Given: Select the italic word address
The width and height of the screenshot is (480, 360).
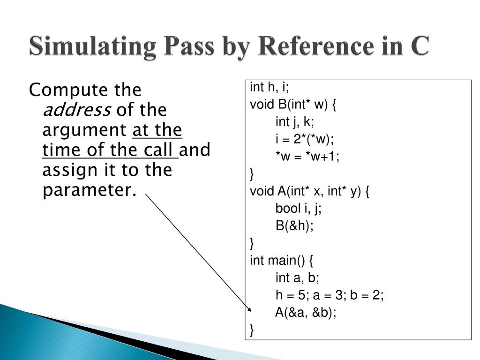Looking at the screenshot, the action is [x=76, y=111].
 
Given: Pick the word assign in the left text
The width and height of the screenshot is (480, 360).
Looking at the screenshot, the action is [x=69, y=171].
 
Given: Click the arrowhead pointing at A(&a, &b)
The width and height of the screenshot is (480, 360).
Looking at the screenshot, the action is [x=248, y=309].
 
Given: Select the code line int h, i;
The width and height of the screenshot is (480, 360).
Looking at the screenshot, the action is [x=270, y=87].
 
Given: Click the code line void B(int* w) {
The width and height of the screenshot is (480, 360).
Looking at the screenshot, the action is [x=293, y=105].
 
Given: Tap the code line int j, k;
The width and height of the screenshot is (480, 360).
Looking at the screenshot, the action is [x=295, y=122].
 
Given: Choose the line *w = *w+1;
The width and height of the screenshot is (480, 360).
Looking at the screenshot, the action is [x=307, y=157].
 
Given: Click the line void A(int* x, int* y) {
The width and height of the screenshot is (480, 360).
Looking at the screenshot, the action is [x=309, y=191].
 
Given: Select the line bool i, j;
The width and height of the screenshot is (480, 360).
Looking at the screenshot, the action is [x=298, y=209].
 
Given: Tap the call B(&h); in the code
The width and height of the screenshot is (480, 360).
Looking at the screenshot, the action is [x=294, y=226].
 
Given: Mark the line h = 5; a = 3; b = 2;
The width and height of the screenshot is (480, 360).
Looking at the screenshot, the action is [x=330, y=295].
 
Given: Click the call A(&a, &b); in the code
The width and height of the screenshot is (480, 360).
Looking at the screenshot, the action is [x=306, y=313].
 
